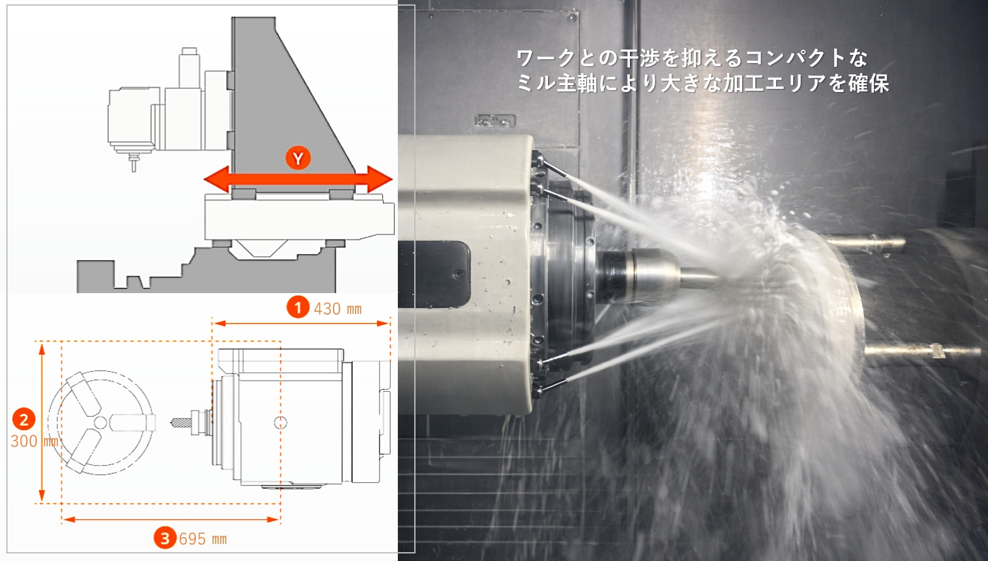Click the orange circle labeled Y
(x=298, y=158)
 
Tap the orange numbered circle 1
(x=298, y=307)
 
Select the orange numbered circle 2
(x=24, y=419)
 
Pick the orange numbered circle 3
(x=165, y=538)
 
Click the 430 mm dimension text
(x=337, y=309)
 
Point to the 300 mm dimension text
(x=35, y=441)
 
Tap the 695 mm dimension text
(x=202, y=539)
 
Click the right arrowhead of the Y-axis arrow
(x=380, y=180)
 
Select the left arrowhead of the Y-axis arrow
(x=216, y=180)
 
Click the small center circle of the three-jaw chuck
(x=100, y=422)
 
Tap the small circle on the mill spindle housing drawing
(x=281, y=422)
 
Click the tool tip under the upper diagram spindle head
(x=134, y=170)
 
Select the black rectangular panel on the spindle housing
(x=434, y=274)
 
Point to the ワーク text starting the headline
(x=546, y=58)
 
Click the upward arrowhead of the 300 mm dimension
(x=42, y=350)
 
